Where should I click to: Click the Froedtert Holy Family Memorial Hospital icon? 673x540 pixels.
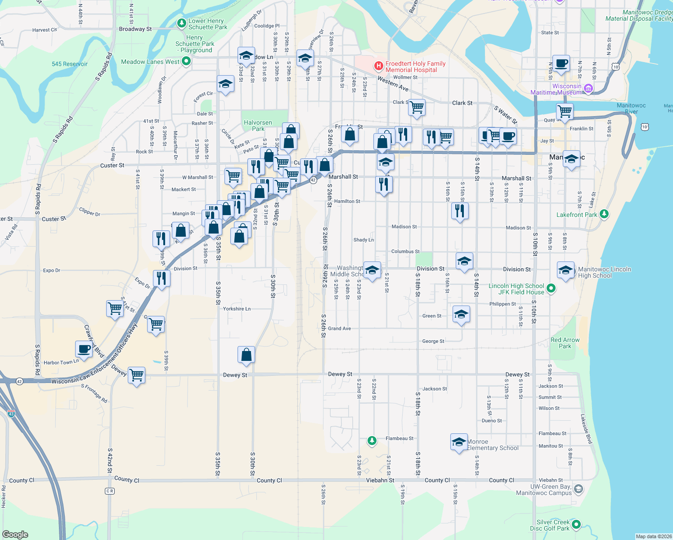tap(379, 67)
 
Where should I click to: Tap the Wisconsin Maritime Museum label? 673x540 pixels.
tap(556, 89)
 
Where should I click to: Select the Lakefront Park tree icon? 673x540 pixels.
tap(604, 214)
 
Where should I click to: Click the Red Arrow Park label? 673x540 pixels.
tap(565, 343)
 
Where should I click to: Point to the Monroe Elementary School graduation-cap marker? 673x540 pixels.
tap(459, 441)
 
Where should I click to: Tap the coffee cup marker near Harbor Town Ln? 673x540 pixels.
tap(84, 349)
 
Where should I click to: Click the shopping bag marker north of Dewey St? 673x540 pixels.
tap(246, 355)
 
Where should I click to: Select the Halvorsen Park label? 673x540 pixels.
tap(258, 126)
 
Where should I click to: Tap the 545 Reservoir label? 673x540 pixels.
tap(70, 64)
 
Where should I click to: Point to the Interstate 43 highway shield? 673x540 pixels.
tap(11, 413)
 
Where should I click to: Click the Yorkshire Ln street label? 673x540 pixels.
tap(237, 309)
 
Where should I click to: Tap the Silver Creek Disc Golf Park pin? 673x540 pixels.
tap(576, 525)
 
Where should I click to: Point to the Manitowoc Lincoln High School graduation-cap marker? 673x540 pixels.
tap(565, 270)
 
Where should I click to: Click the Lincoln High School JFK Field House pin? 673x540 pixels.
tap(552, 288)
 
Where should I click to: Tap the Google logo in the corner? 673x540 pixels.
tap(15, 534)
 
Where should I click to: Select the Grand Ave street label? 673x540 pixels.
tap(339, 328)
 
